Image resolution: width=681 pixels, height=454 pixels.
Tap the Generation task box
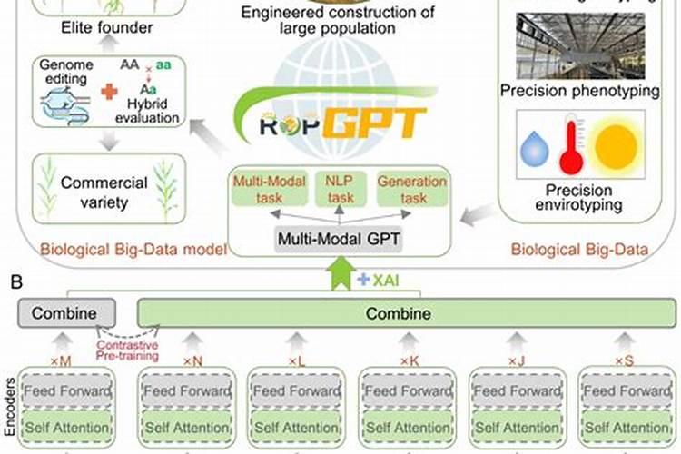click(x=411, y=190)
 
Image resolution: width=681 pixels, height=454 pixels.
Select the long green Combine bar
click(x=407, y=313)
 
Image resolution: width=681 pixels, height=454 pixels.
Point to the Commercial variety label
click(x=92, y=192)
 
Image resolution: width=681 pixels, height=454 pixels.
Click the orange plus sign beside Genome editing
click(x=108, y=91)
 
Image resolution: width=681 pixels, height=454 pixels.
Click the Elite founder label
click(x=107, y=28)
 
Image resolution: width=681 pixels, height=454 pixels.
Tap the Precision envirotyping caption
click(x=579, y=198)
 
